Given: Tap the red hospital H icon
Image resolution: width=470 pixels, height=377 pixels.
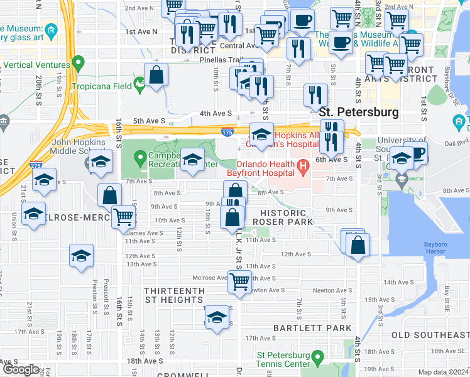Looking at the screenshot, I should click(304, 168).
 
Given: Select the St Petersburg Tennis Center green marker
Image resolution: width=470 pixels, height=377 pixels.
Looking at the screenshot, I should click(318, 358).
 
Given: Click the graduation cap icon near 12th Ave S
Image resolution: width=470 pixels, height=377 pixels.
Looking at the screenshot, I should click(81, 256).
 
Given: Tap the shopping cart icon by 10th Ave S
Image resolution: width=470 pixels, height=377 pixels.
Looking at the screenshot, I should click(124, 216).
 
